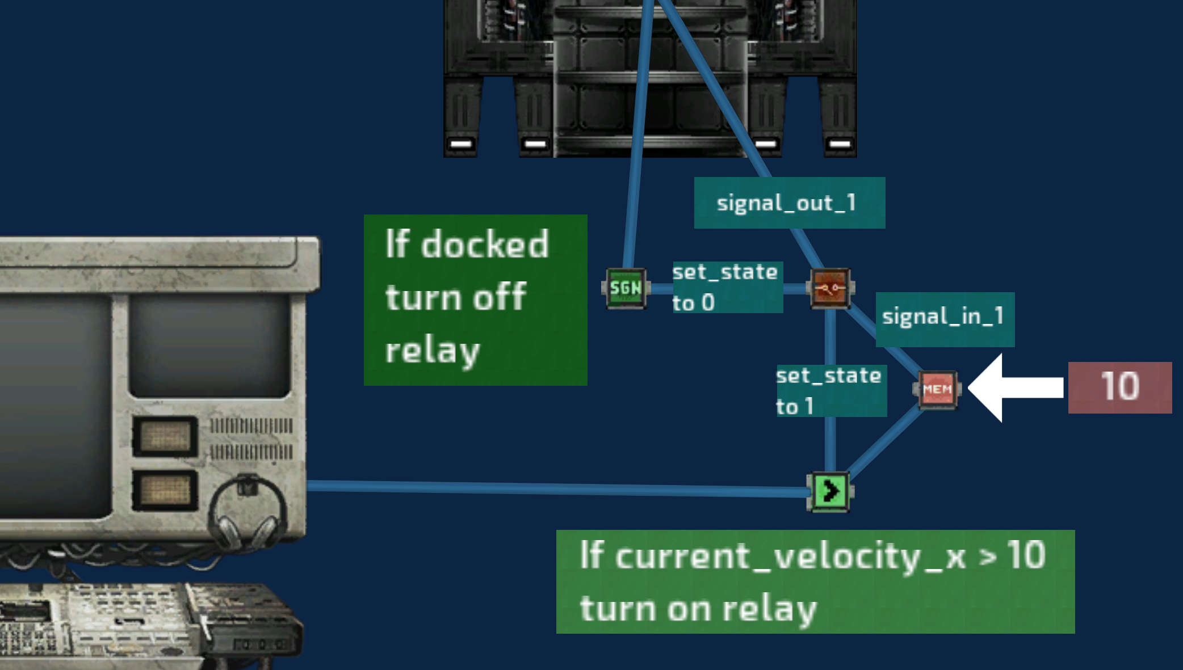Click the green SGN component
point(626,288)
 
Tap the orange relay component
point(830,288)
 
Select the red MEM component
point(937,389)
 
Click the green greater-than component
point(830,491)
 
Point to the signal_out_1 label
point(789,203)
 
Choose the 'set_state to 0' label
point(727,287)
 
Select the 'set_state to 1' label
point(831,391)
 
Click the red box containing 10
point(1119,387)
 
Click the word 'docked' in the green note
point(485,245)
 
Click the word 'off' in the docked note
point(500,297)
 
